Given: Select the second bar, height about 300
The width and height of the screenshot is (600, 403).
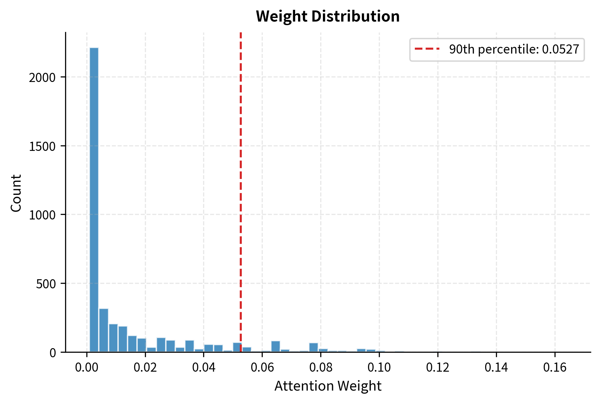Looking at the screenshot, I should (x=104, y=330).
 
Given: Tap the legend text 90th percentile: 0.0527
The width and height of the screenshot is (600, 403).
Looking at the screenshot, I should (x=514, y=50).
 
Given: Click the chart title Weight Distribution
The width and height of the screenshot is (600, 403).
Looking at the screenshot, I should (x=327, y=16).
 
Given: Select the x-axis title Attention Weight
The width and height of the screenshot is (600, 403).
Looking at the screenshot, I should (x=327, y=386).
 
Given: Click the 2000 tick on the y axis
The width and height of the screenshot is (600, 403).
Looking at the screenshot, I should (x=42, y=78).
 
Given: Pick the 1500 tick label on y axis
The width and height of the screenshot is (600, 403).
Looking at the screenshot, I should (x=42, y=146).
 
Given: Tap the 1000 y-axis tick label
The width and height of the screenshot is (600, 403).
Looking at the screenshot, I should (x=42, y=215).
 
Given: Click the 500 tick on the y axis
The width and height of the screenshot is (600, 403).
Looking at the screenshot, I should (x=46, y=284).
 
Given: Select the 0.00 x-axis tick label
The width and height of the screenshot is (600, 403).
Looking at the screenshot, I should (x=87, y=368).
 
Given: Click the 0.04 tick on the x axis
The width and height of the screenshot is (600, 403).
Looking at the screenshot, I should (x=203, y=368).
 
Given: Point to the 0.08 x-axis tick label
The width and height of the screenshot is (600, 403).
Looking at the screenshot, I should (x=321, y=368).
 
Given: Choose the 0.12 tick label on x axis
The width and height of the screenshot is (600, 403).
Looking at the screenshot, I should (x=438, y=368).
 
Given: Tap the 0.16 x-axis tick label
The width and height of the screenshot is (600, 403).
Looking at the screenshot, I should (x=555, y=368).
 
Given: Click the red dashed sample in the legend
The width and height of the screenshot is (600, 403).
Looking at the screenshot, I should (x=427, y=50).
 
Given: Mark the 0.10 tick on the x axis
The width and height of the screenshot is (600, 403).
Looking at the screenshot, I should (x=379, y=368).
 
